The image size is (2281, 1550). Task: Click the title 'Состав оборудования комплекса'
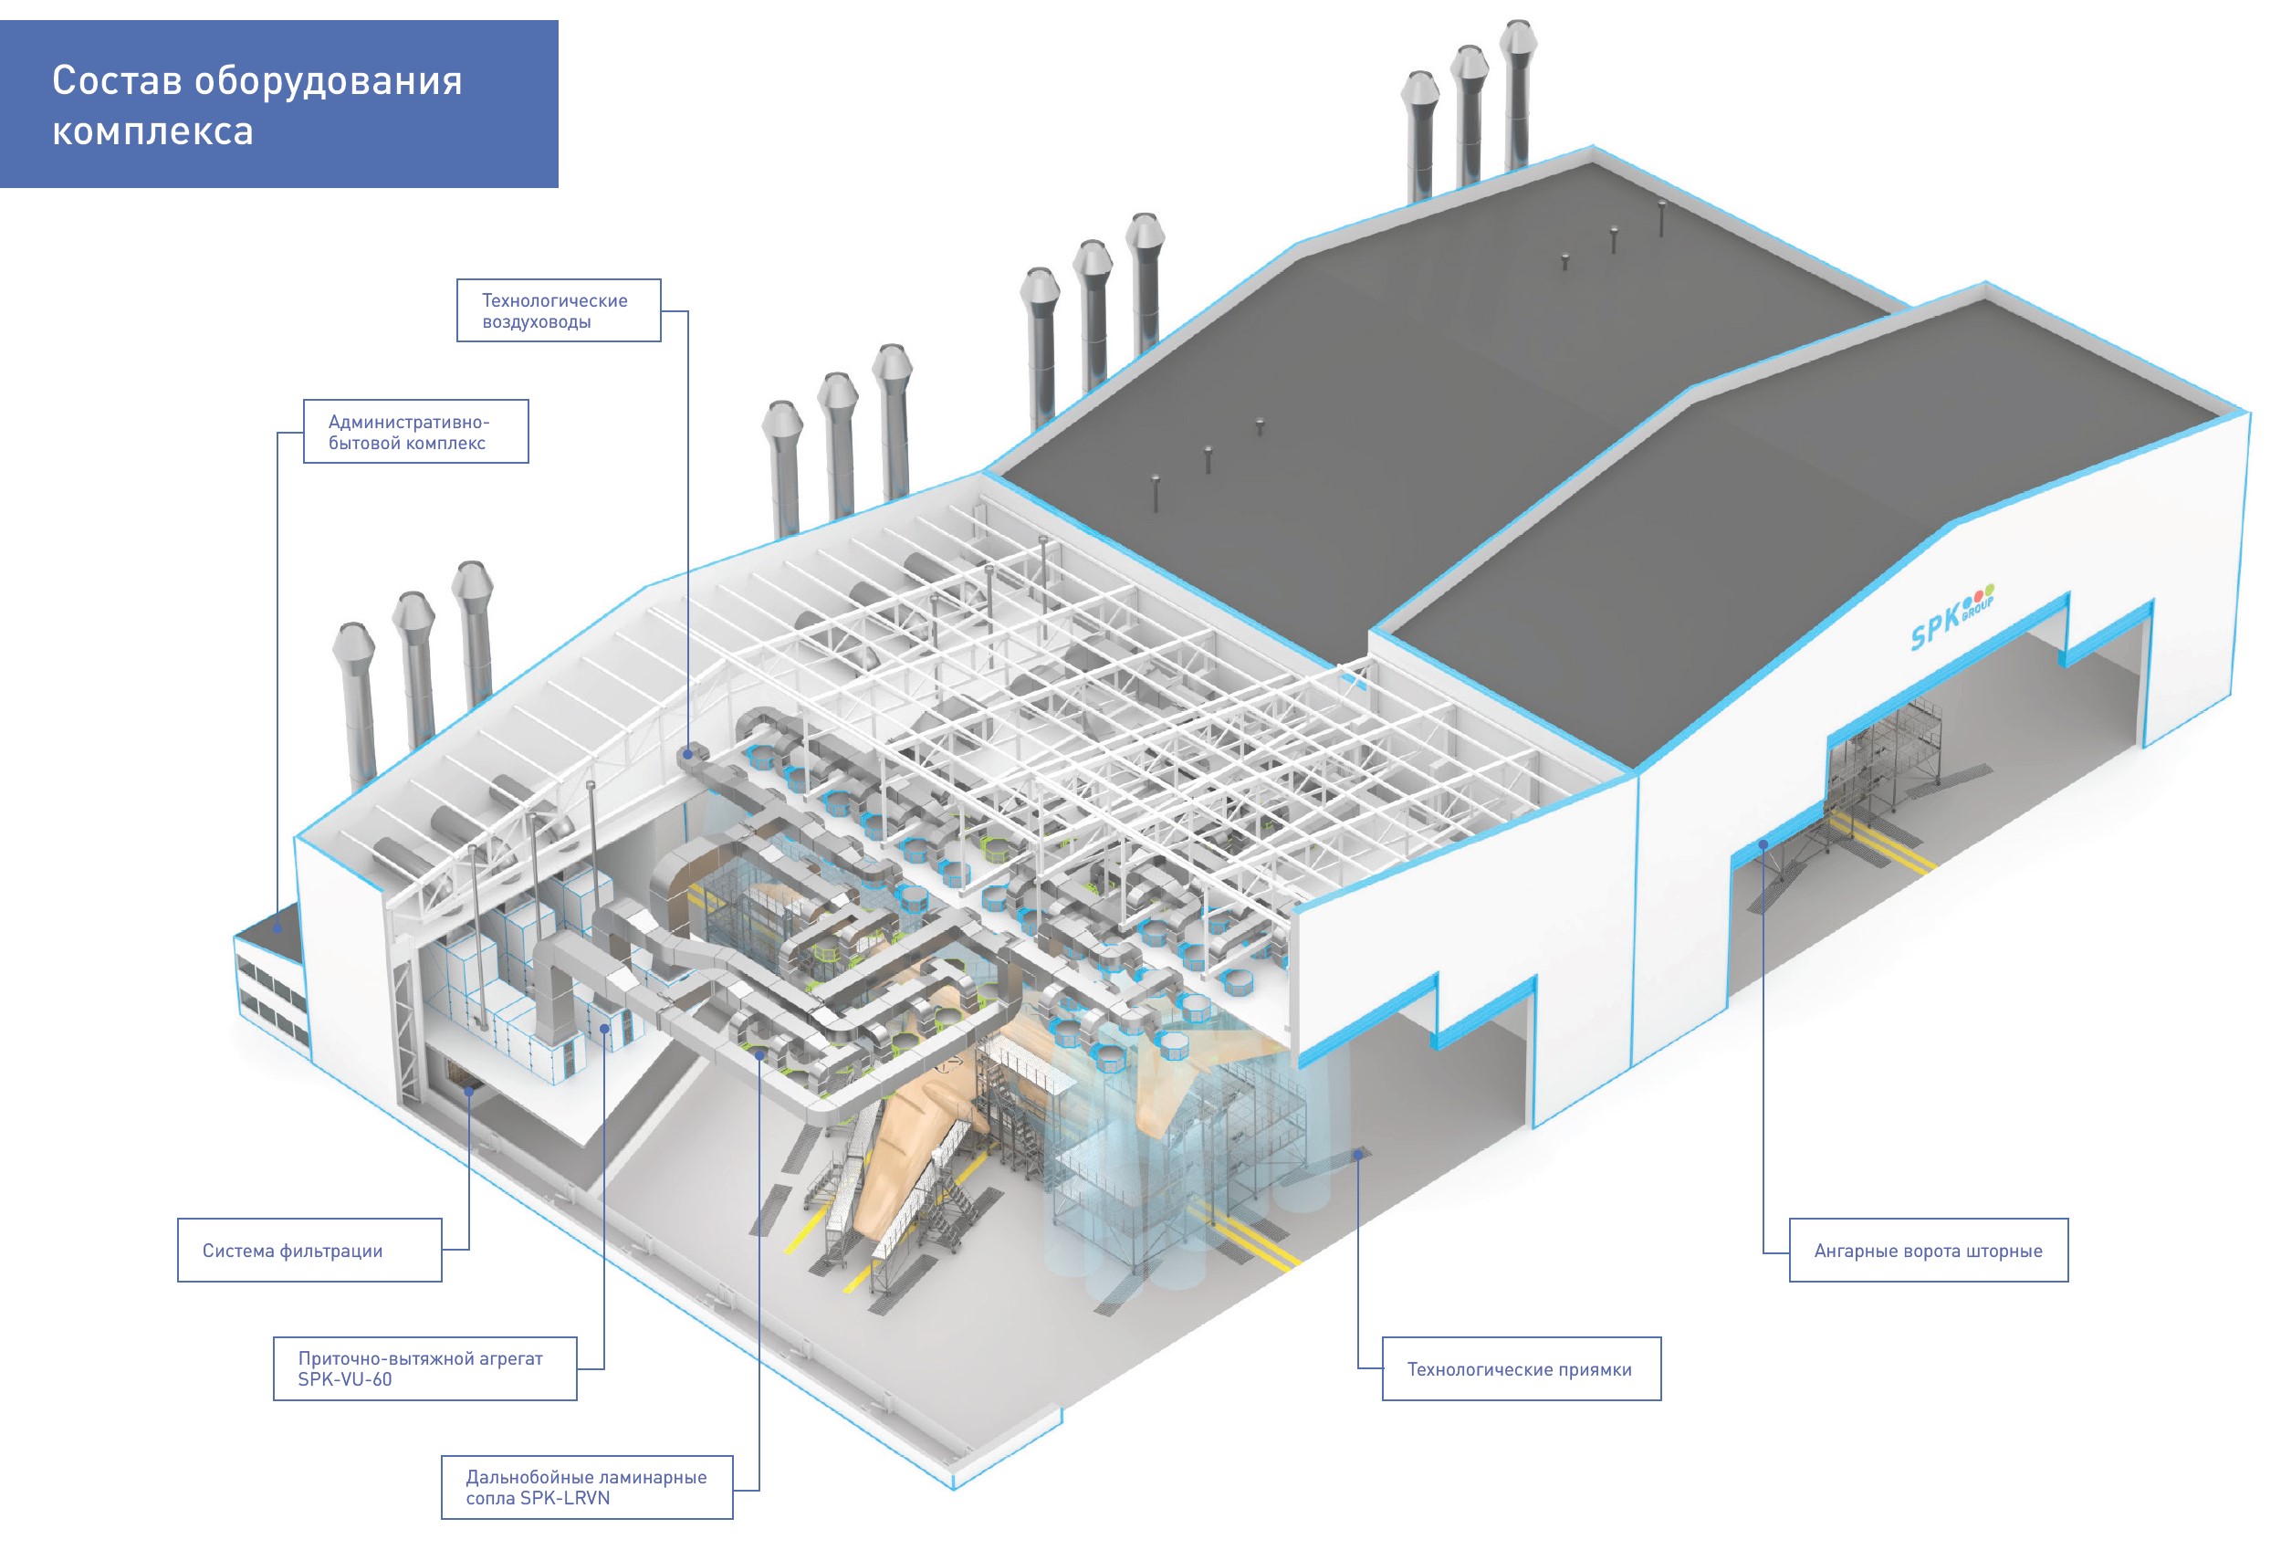coord(257,105)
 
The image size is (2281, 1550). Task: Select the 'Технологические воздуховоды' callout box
coord(559,310)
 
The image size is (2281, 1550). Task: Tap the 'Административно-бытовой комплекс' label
coord(415,432)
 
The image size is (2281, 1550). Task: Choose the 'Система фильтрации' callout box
coord(309,1250)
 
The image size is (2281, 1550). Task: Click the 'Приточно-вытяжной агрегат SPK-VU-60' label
coord(424,1367)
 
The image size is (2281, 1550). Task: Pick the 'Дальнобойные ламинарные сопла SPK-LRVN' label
coord(586,1487)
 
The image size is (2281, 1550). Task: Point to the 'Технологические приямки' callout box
coord(1521,1368)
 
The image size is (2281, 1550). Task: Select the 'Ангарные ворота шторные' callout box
coord(1928,1250)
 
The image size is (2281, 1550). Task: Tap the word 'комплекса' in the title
coord(153,131)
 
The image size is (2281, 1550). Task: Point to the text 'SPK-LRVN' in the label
coord(565,1498)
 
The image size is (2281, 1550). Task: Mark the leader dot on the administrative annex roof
coord(277,927)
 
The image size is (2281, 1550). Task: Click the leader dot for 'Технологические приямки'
coord(1358,1155)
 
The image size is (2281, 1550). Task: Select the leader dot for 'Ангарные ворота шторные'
coord(1763,843)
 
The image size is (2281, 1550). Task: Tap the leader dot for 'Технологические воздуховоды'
coord(688,754)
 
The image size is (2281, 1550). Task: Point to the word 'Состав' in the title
coord(117,80)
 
